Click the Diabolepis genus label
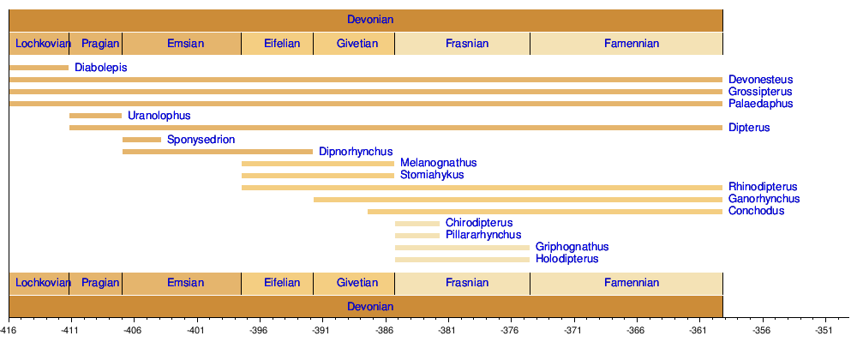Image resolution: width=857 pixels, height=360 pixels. point(101,68)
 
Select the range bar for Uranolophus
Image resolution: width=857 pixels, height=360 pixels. point(95,116)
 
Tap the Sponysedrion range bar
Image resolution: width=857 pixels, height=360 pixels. point(141,140)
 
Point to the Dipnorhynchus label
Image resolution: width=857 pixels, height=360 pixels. point(356,152)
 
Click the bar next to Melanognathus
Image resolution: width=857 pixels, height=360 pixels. point(318,164)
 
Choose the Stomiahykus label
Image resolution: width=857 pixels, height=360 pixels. point(432,175)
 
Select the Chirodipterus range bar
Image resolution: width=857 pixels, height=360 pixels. point(417,224)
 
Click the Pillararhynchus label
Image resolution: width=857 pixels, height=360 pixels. point(483,235)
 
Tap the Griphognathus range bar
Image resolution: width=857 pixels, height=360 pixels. point(462,248)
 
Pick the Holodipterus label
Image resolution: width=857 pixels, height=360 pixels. point(566,259)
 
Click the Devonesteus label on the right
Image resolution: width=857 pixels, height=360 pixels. point(761,80)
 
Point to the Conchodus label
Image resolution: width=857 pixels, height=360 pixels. point(756,211)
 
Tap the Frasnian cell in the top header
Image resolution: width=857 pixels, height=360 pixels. point(467,43)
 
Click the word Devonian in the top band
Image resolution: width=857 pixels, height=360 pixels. point(370,19)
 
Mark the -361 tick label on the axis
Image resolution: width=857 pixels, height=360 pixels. point(698,329)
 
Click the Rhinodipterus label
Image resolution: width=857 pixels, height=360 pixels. point(763,187)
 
